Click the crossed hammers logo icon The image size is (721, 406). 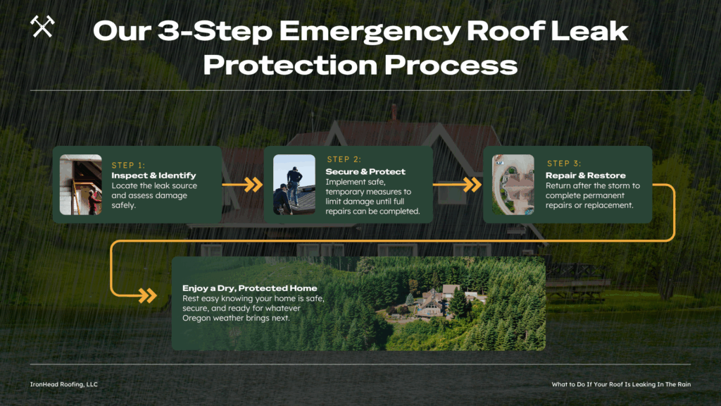pos(42,27)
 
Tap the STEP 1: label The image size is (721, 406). pos(128,165)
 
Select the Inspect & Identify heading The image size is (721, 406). pos(153,176)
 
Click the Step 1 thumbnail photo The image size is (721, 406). pos(80,185)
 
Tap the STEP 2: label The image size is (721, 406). pos(344,160)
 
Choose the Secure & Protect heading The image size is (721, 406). pos(365,171)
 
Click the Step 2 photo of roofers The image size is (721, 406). pos(294,185)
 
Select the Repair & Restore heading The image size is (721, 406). pos(585,176)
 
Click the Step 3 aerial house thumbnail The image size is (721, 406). pos(513,185)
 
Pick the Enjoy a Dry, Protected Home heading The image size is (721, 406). pos(250,288)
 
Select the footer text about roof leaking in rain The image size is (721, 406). pos(621,384)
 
